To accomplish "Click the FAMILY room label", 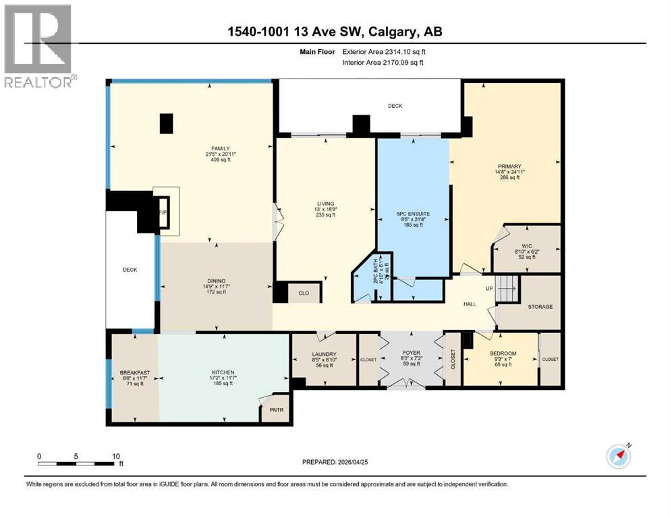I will point(220,148).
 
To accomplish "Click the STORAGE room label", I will point(540,307).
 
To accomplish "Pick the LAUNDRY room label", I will point(323,354).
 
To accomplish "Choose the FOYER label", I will point(411,353).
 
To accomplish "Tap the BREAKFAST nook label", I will point(134,373).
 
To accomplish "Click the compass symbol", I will point(619,456).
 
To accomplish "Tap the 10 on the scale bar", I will point(115,456).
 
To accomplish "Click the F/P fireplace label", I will point(162,212).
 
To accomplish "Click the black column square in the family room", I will point(166,123).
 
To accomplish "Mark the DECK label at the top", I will point(395,106).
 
